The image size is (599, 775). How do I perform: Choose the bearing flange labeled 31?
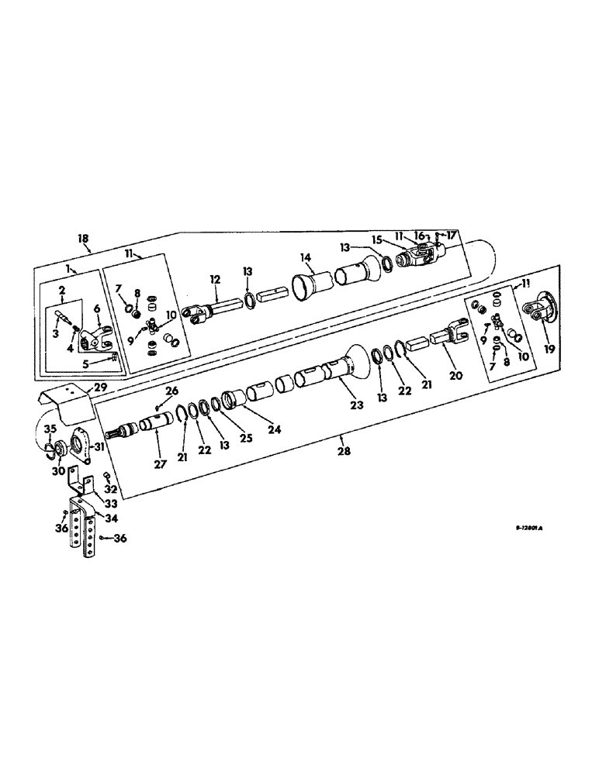pos(78,445)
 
